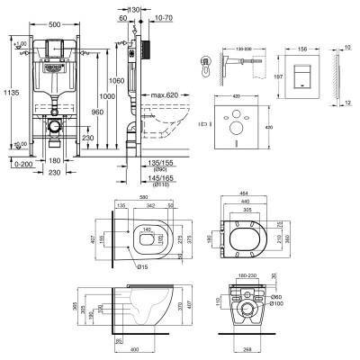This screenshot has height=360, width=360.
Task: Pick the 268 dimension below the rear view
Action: click(248, 352)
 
